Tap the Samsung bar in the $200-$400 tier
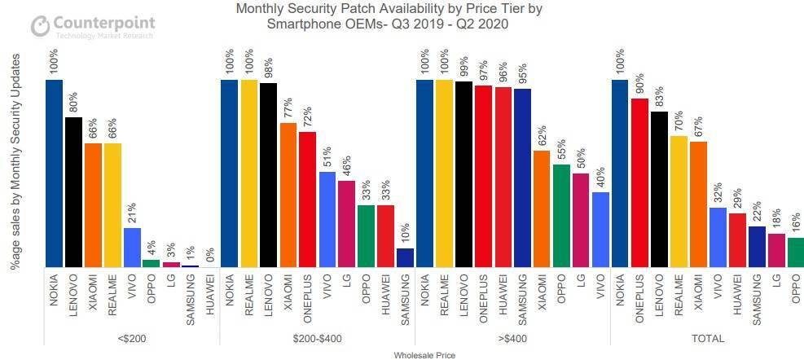point(405,257)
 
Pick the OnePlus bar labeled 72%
point(307,199)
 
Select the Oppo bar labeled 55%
point(562,215)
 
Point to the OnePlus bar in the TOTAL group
point(640,182)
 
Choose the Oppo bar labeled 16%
point(797,252)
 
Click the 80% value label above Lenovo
point(73,103)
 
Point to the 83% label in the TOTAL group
point(660,98)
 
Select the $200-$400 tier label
point(317,338)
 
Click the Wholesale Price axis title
point(424,354)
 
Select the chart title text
point(388,16)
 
